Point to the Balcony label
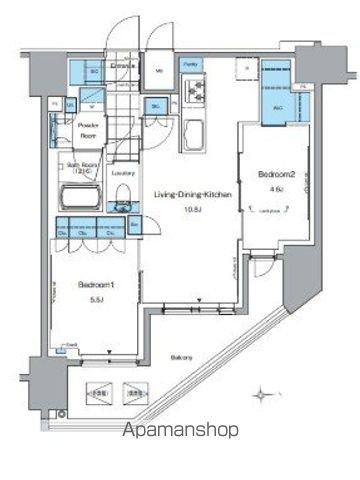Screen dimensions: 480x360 coord(181,357)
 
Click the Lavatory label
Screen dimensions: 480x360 coord(123,172)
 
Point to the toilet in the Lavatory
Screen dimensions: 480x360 coord(122,206)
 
